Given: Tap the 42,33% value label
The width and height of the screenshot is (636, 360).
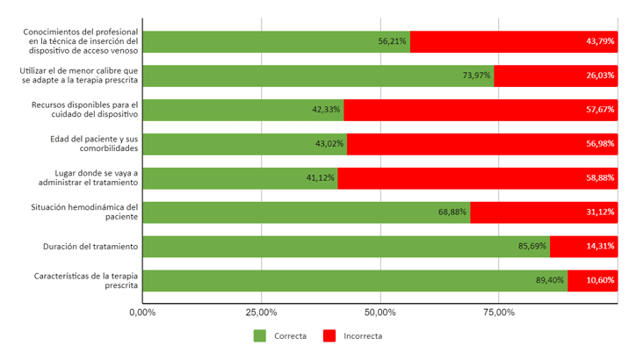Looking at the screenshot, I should pyautogui.click(x=326, y=110).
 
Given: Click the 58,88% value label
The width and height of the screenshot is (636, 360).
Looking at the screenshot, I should pyautogui.click(x=600, y=178).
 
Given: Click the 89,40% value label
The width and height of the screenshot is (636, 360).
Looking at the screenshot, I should pyautogui.click(x=550, y=281).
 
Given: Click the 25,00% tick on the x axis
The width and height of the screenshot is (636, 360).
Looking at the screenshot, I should pyautogui.click(x=262, y=312).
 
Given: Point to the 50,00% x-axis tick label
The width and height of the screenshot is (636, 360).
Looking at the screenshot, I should pyautogui.click(x=380, y=312).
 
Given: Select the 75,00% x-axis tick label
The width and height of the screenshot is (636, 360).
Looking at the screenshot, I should pyautogui.click(x=499, y=312).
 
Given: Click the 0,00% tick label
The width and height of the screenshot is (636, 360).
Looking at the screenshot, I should pyautogui.click(x=142, y=312).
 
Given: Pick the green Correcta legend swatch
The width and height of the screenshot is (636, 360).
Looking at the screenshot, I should pyautogui.click(x=259, y=335).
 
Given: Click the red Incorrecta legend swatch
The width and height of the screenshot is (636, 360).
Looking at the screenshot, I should pyautogui.click(x=329, y=335).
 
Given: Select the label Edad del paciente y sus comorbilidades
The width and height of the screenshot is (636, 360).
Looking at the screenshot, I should pyautogui.click(x=94, y=144).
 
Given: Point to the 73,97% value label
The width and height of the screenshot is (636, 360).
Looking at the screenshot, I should pyautogui.click(x=476, y=76).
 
